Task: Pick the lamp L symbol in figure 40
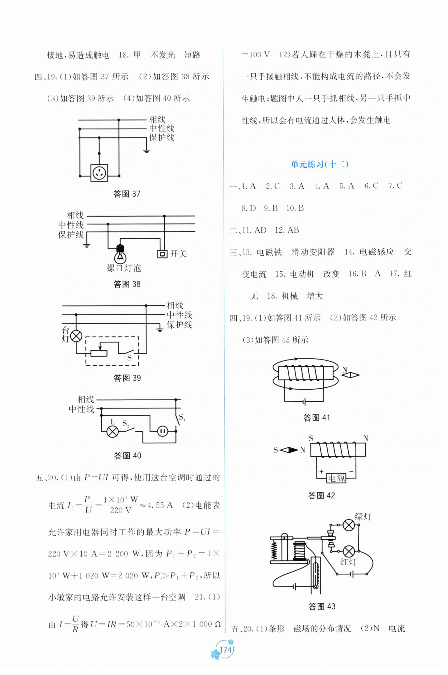point(112,431)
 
